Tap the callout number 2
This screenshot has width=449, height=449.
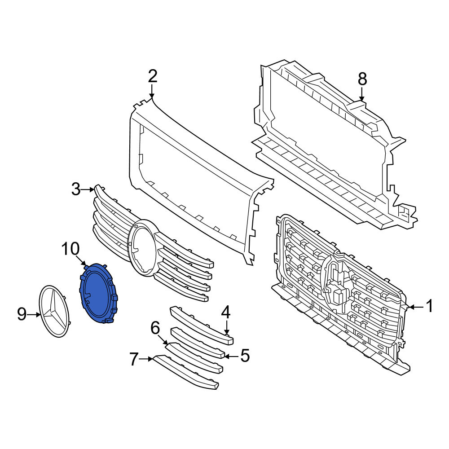152,76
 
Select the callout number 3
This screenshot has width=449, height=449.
76,189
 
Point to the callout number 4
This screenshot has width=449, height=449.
226,312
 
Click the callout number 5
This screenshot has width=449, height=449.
245,356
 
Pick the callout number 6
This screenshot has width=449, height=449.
155,328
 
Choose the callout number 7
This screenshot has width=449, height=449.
134,359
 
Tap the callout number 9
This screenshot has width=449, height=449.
22,314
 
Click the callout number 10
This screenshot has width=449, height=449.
71,249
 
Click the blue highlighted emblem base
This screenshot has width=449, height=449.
98,293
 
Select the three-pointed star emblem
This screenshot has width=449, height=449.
54,311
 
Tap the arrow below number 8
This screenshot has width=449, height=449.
362,94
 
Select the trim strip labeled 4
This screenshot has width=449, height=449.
202,325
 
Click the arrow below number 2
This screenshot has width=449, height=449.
152,91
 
